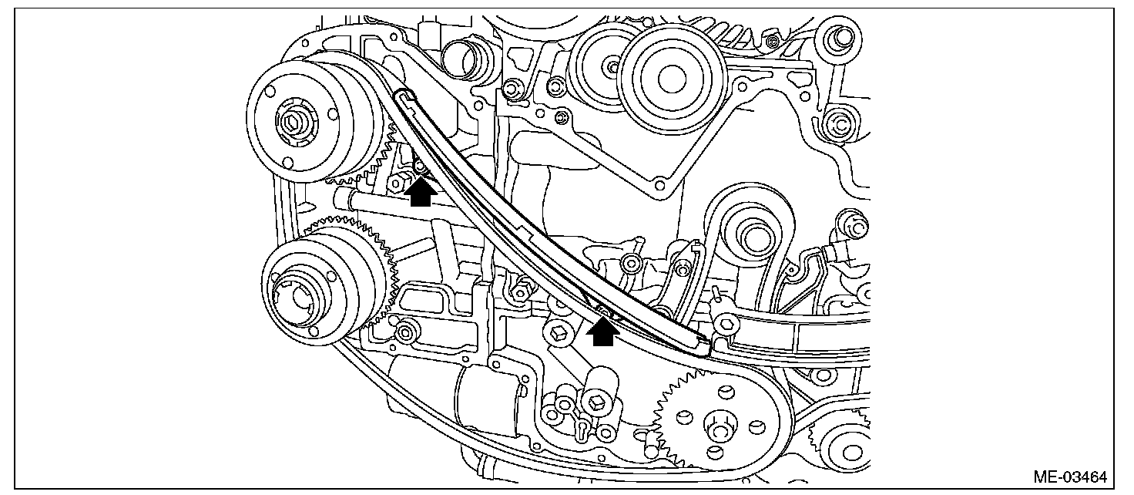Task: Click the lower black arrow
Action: click(602, 332)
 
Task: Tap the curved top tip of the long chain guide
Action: click(402, 96)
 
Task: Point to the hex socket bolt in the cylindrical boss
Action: click(595, 402)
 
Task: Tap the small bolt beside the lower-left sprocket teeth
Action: click(408, 331)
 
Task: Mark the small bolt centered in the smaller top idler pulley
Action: click(612, 67)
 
